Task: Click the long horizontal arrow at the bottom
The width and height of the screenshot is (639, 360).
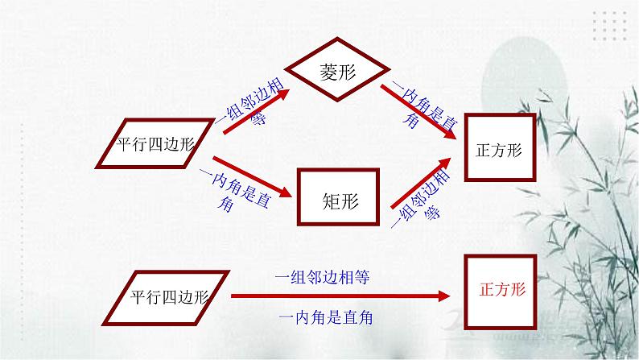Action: pyautogui.click(x=339, y=297)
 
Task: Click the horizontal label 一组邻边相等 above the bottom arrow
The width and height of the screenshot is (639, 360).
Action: pyautogui.click(x=322, y=276)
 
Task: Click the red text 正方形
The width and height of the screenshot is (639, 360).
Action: pyautogui.click(x=501, y=290)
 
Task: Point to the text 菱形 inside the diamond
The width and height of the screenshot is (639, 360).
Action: pyautogui.click(x=335, y=70)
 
